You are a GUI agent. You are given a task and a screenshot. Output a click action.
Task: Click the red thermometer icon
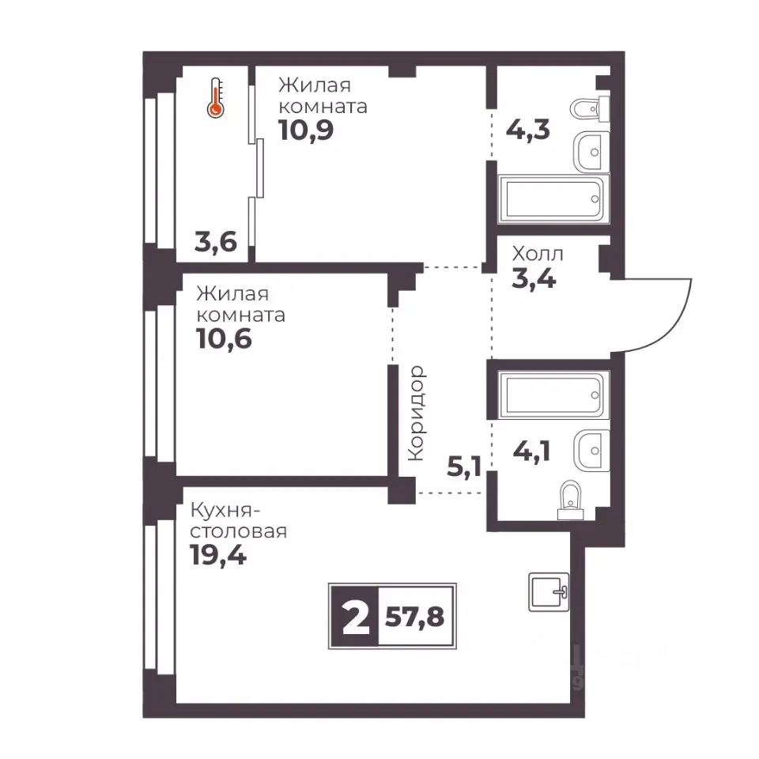216,98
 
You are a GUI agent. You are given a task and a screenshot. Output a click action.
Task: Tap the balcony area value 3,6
216,242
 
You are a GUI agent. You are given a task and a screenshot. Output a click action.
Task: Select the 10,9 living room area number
307,130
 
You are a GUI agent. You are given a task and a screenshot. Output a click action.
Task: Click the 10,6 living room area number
224,338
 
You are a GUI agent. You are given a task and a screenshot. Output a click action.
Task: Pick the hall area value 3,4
534,279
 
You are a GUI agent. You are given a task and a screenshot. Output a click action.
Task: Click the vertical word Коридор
417,413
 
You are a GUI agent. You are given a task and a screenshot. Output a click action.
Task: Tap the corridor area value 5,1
464,467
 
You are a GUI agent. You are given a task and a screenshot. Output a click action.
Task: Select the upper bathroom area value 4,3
527,130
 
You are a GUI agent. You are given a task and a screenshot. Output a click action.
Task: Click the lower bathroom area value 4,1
531,451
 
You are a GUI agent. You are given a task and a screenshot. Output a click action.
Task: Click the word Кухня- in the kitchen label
227,511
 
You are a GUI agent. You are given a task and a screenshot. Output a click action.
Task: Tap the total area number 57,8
415,617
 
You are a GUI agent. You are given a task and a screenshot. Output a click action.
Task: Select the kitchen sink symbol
549,591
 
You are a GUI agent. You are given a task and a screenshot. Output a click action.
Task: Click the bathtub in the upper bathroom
553,199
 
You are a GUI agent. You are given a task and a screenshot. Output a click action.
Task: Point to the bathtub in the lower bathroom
553,395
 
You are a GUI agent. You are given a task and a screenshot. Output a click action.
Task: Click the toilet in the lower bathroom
571,500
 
